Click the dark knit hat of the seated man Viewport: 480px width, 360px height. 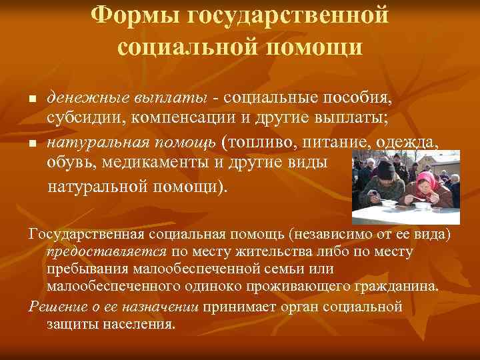point(385,167)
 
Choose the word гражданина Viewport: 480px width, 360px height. point(398,287)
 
